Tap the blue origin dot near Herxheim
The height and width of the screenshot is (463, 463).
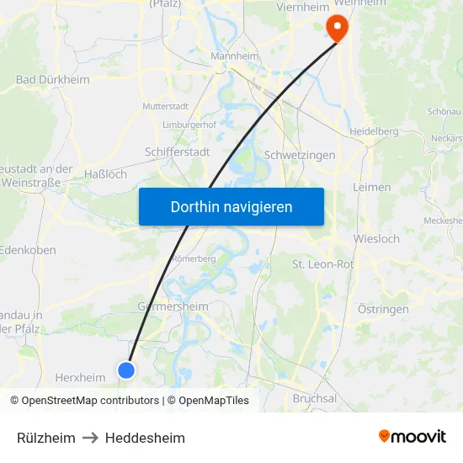click(126, 370)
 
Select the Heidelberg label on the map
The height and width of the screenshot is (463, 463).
click(373, 131)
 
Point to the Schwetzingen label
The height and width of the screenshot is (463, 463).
click(300, 155)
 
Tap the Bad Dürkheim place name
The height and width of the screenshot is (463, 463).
click(52, 80)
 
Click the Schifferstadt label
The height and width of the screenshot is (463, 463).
click(178, 152)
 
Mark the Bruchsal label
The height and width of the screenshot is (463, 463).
click(315, 398)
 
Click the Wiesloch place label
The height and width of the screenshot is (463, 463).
click(377, 238)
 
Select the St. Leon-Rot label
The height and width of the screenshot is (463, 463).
click(324, 264)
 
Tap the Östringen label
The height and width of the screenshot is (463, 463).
click(383, 309)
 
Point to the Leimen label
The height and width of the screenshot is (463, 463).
click(372, 187)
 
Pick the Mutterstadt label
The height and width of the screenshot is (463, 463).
click(165, 107)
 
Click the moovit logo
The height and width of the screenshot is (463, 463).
click(412, 437)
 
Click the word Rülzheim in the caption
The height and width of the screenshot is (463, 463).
click(46, 438)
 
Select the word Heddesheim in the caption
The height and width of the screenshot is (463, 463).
click(145, 438)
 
